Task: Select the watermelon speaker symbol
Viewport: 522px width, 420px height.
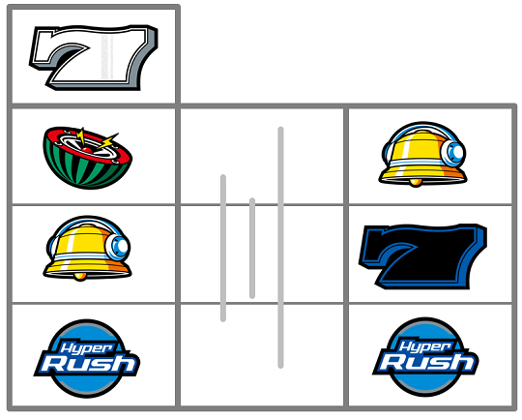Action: pyautogui.click(x=88, y=158)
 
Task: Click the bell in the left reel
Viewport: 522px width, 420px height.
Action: pyautogui.click(x=88, y=249)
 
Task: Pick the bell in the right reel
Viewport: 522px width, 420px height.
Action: pyautogui.click(x=423, y=154)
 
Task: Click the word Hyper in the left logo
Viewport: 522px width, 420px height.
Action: pyautogui.click(x=86, y=348)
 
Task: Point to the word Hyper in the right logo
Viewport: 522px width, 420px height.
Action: pyautogui.click(x=424, y=346)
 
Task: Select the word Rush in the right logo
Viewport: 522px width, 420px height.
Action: pyautogui.click(x=427, y=362)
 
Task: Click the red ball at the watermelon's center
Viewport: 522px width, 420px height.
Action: pyautogui.click(x=88, y=150)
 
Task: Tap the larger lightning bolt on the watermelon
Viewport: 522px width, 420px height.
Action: pyautogui.click(x=107, y=141)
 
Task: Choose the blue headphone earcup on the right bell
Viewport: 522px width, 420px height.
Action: pyautogui.click(x=453, y=152)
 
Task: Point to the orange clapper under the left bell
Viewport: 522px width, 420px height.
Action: pyautogui.click(x=80, y=277)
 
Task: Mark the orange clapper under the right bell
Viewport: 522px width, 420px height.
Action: pyautogui.click(x=415, y=182)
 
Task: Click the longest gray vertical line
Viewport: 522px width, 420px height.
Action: pyautogui.click(x=280, y=248)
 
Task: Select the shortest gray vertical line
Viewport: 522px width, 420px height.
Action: pyautogui.click(x=252, y=249)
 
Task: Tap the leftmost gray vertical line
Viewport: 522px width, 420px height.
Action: pyautogui.click(x=223, y=248)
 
